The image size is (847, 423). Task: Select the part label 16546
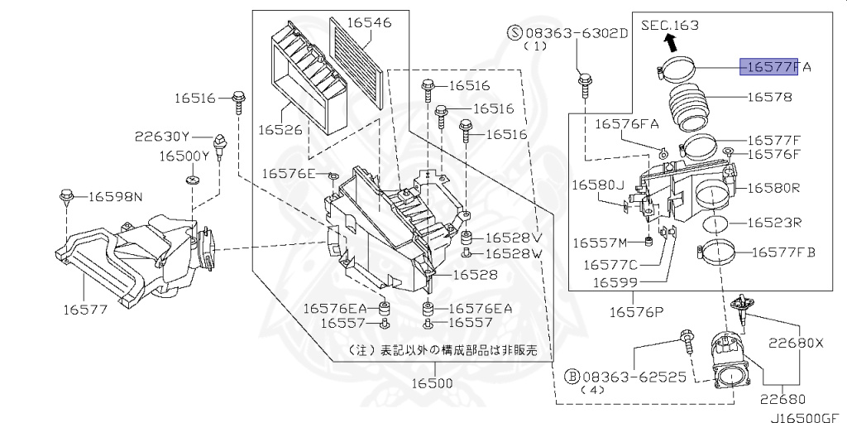[x=369, y=22]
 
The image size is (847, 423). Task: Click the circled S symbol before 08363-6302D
[x=514, y=33]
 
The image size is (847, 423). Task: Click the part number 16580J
[x=597, y=185]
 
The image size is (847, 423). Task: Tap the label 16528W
[x=513, y=253]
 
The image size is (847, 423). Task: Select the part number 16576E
[x=289, y=173]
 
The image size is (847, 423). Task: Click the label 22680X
[x=796, y=343]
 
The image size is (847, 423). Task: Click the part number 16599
[x=615, y=283]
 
